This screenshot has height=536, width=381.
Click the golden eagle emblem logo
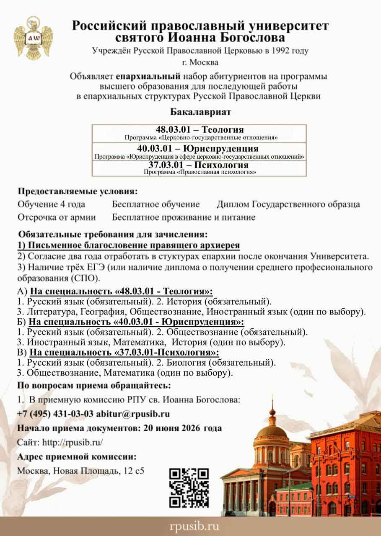click(x=33, y=38)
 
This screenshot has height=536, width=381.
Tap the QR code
click(x=189, y=488)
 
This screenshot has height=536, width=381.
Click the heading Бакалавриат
click(x=200, y=112)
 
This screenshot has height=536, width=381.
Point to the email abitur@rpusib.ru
click(x=133, y=414)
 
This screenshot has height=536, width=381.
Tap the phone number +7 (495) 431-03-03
click(x=55, y=414)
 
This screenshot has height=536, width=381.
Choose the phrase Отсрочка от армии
click(x=57, y=217)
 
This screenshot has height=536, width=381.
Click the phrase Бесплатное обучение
click(x=156, y=204)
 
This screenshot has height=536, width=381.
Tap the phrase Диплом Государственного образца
click(x=288, y=204)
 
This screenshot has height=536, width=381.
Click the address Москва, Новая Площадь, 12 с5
click(x=80, y=471)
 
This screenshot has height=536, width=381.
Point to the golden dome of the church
click(x=272, y=430)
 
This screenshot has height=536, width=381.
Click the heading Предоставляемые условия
click(x=78, y=191)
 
